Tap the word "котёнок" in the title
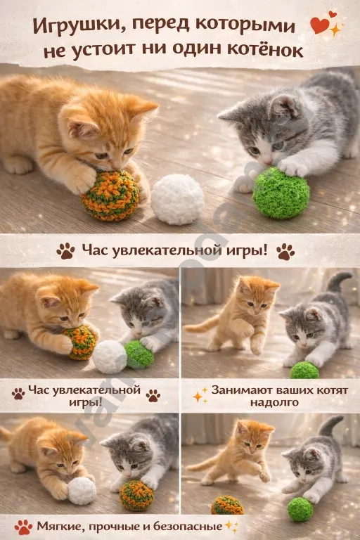point(268,51)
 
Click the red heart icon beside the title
point(319,26)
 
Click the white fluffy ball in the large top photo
point(177,200)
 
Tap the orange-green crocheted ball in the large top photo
point(110,195)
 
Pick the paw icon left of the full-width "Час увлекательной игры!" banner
point(66,250)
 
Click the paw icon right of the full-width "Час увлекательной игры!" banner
point(285,250)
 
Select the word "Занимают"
point(243,390)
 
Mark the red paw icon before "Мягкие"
point(24,526)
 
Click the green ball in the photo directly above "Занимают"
point(304,370)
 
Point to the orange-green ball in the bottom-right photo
point(227,505)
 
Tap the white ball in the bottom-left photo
point(82,490)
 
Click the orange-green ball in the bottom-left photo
point(136,496)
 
